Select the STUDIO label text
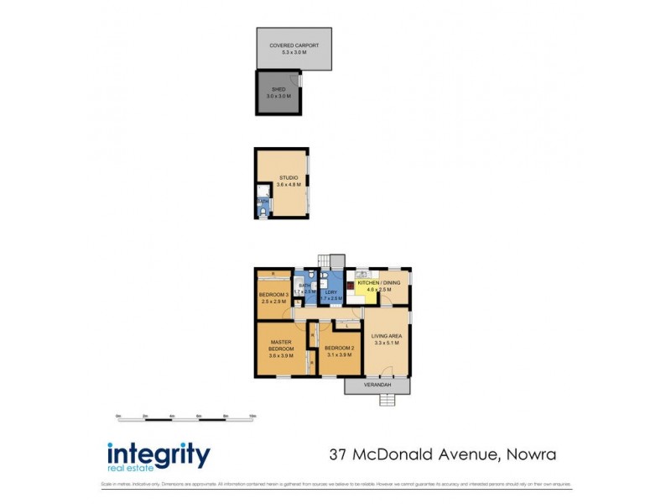click(x=289, y=177)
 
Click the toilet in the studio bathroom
click(x=263, y=213)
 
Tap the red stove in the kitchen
click(x=351, y=286)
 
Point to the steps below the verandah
click(x=387, y=399)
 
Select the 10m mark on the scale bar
click(x=252, y=416)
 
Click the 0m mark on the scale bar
click(x=118, y=416)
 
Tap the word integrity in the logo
click(x=159, y=454)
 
